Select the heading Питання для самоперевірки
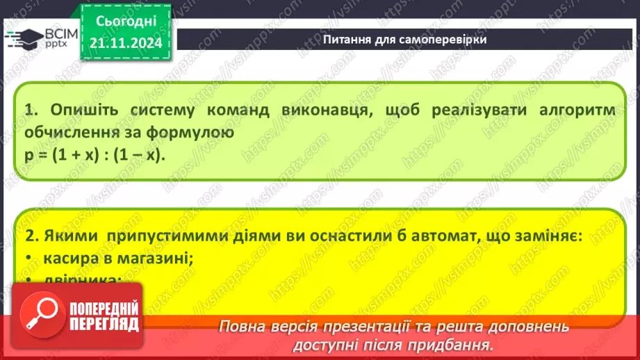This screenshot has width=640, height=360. pos(404,39)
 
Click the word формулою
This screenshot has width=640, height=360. pos(187,131)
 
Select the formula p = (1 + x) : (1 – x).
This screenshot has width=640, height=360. pos(95,154)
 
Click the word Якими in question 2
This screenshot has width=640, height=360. pos(69,237)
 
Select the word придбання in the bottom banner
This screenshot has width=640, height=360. pos(459,344)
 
